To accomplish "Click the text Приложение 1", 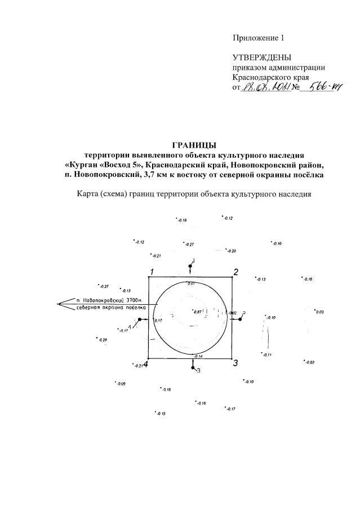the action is (259, 38).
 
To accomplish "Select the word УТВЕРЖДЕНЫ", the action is (262, 58).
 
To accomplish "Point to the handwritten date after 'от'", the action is (266, 88).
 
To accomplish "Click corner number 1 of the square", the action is (151, 273).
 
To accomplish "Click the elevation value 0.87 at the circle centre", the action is (198, 312).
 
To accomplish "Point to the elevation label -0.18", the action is (181, 220).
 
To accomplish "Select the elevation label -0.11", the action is (266, 355).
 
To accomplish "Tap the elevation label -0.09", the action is (120, 384).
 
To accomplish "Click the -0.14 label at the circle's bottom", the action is (197, 357).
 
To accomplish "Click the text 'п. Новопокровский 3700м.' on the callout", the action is (110, 300).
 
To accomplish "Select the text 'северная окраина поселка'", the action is (111, 308).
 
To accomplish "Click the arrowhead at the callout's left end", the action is (60, 304).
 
